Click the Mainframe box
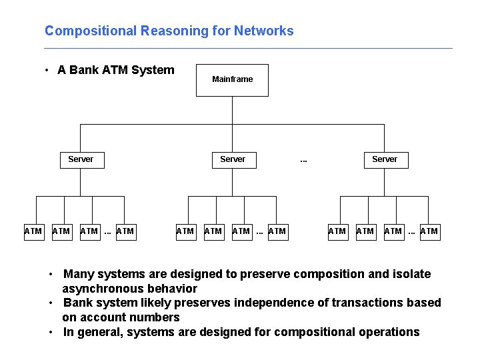coord(232,80)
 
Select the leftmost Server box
coord(81,159)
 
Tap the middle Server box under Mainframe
coord(233,159)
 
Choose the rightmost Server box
coord(385,159)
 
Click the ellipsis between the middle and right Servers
coord(303,160)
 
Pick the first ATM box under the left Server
coord(33,231)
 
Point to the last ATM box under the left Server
coord(125,231)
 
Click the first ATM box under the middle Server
coord(185,231)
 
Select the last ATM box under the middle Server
coord(277,231)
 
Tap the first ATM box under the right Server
coord(337,231)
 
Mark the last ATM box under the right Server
coord(429,231)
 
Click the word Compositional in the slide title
coord(83,31)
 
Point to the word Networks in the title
coord(267,31)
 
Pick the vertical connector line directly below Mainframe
coord(232,110)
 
